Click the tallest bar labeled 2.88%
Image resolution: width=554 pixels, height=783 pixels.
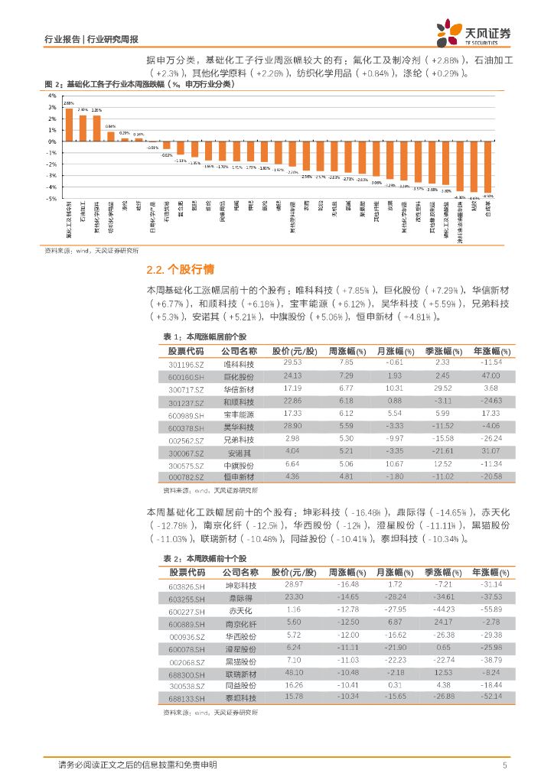(x=69, y=125)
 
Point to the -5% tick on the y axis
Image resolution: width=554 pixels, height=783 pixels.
(x=52, y=199)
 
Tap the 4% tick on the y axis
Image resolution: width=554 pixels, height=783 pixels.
(x=53, y=96)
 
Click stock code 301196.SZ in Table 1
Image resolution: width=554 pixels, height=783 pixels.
(x=186, y=362)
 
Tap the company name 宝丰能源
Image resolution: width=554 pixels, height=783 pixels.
(x=240, y=414)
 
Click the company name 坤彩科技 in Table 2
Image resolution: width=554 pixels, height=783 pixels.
(x=240, y=585)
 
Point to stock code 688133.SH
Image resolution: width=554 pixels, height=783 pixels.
(x=187, y=697)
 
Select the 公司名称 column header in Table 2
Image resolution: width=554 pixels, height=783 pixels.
(x=240, y=573)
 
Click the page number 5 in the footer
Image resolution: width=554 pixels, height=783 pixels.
(x=504, y=765)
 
